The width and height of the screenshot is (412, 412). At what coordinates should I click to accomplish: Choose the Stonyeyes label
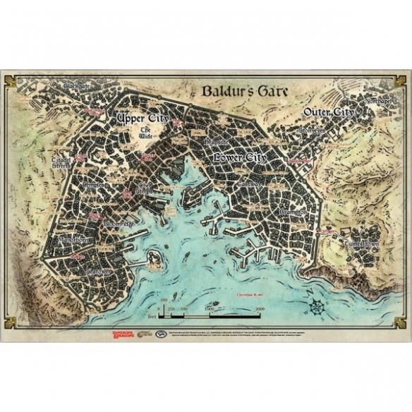[x=312, y=131]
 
